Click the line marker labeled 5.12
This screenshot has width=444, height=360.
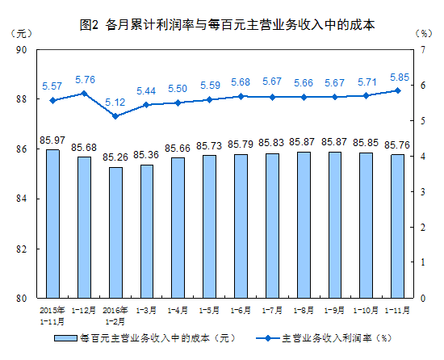click(x=115, y=116)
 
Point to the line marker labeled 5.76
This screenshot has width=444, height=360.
click(x=84, y=94)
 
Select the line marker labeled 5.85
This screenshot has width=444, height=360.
click(x=396, y=90)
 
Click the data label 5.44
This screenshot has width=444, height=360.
click(x=147, y=91)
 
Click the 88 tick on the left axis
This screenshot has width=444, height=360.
click(x=22, y=100)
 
